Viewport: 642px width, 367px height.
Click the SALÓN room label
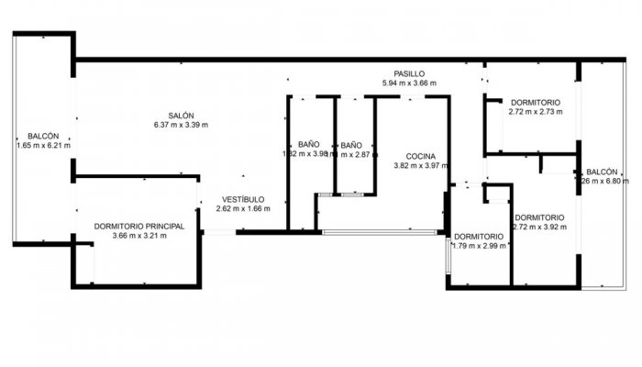tap(181, 115)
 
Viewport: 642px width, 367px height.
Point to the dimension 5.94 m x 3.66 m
tap(409, 83)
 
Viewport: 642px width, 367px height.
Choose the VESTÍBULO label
tap(243, 199)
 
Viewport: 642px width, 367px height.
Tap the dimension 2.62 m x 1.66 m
tap(243, 208)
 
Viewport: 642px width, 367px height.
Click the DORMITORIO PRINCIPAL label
tap(139, 226)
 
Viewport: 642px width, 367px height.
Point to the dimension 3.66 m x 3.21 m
tap(139, 236)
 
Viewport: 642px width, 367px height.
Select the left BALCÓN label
tap(43, 135)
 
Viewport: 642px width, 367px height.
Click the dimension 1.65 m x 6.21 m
tap(43, 145)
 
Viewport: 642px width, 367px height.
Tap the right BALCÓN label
tap(602, 172)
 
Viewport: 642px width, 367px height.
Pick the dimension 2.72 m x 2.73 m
tap(536, 112)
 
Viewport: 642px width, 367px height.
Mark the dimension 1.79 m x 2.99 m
tap(479, 245)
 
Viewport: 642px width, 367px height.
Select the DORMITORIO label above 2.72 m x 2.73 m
tap(536, 102)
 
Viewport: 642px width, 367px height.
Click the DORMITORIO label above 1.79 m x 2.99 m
tap(479, 236)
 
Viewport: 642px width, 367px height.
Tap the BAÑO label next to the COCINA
tap(352, 145)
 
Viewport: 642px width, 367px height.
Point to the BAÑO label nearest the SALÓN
tap(308, 144)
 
